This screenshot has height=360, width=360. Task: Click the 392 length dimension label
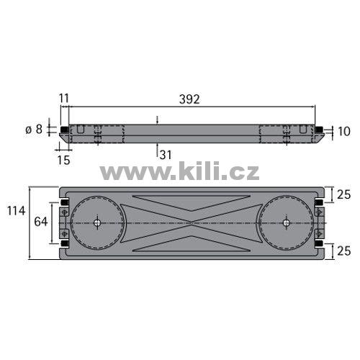pyautogui.click(x=189, y=99)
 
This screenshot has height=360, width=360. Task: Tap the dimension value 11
pyautogui.click(x=64, y=98)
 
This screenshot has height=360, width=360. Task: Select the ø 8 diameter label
pyautogui.click(x=34, y=130)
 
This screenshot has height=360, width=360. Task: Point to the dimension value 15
pyautogui.click(x=63, y=160)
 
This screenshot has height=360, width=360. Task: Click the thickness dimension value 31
pyautogui.click(x=166, y=155)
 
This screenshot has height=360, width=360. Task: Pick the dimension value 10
pyautogui.click(x=343, y=132)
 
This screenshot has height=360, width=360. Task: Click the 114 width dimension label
pyautogui.click(x=16, y=211)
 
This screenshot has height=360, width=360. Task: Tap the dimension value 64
pyautogui.click(x=41, y=222)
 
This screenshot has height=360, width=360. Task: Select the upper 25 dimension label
pyautogui.click(x=344, y=194)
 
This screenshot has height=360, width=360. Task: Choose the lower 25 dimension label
pyautogui.click(x=344, y=251)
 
